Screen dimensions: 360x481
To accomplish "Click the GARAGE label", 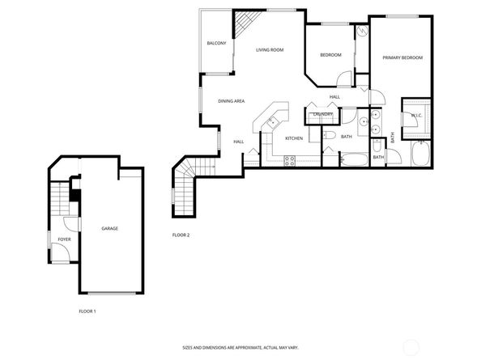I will tap(109, 229).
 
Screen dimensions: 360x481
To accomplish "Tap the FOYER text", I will tap(63, 239).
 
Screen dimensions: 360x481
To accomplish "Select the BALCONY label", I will tap(216, 43).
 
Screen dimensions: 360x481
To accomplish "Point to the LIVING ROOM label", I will tap(270, 50).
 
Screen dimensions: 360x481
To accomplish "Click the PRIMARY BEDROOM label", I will tap(402, 57).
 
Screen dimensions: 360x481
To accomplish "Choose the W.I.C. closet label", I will tap(416, 115).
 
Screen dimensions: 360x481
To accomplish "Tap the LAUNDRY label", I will tap(324, 114).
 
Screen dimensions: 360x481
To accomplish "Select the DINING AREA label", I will tap(232, 100).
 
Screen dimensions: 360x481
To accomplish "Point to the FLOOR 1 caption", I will tap(87, 311).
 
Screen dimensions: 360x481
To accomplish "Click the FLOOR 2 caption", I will tap(181, 235).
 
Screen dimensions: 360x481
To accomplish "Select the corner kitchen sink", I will tap(273, 121).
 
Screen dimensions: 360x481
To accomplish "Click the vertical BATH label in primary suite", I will tap(393, 138).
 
